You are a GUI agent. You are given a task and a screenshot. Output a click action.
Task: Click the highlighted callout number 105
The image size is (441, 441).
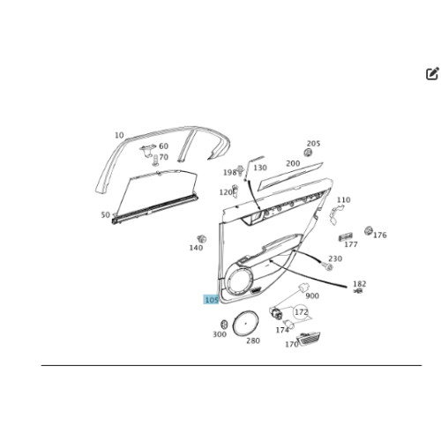point(211,300)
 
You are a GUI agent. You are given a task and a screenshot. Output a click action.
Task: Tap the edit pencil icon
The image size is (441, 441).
point(432,73)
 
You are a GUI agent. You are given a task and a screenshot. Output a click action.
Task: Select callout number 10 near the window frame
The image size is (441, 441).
point(119,135)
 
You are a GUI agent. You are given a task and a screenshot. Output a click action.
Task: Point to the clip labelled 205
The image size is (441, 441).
point(308,153)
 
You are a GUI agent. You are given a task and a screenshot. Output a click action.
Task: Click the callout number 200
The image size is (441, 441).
point(293,163)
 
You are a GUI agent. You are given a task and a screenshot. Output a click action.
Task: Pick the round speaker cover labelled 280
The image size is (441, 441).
point(245,323)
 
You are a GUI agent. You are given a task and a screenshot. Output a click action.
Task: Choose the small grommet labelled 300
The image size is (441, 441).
point(224,325)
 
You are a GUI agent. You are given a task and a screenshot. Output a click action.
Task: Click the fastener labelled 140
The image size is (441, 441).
point(202,238)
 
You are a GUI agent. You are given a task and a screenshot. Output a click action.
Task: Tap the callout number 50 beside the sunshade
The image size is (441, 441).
point(105,215)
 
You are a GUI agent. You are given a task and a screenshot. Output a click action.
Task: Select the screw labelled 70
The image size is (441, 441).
point(155,161)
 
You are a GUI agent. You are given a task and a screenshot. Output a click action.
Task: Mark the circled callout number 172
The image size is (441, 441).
point(301,312)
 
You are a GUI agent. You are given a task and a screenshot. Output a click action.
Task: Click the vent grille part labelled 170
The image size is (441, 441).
point(309,339)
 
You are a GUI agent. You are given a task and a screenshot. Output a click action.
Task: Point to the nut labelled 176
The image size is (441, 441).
point(369,231)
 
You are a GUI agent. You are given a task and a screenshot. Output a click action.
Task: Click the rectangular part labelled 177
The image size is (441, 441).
point(345,236)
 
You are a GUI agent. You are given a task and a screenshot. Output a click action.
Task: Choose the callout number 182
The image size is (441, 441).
point(359,284)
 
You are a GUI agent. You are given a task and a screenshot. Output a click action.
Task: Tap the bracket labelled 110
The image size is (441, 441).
point(335,213)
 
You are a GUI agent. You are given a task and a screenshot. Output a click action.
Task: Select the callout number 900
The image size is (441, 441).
point(312,295)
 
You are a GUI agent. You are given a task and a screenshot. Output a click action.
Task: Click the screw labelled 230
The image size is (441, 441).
point(327,266)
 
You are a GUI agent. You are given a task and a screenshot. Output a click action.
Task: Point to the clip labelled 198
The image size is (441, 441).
point(241,170)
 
